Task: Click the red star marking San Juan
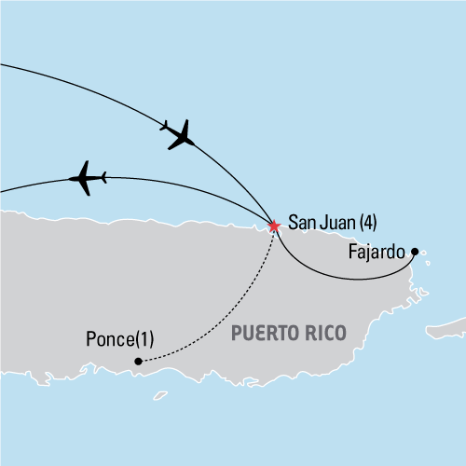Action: (273, 226)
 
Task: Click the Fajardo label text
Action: (379, 252)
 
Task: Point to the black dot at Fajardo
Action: (415, 252)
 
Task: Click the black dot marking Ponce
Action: (138, 361)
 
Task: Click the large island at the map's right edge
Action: (447, 325)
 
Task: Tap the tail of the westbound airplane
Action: (101, 176)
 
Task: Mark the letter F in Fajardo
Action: (349, 252)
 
